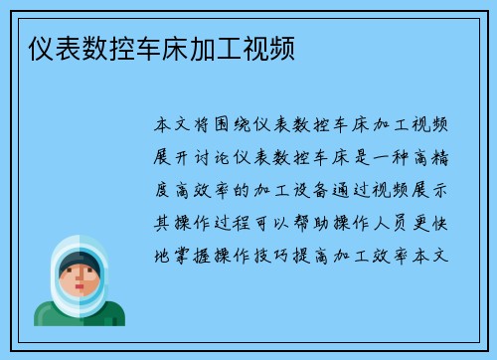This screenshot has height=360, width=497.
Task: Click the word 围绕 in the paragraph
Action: pyautogui.click(x=238, y=126)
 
